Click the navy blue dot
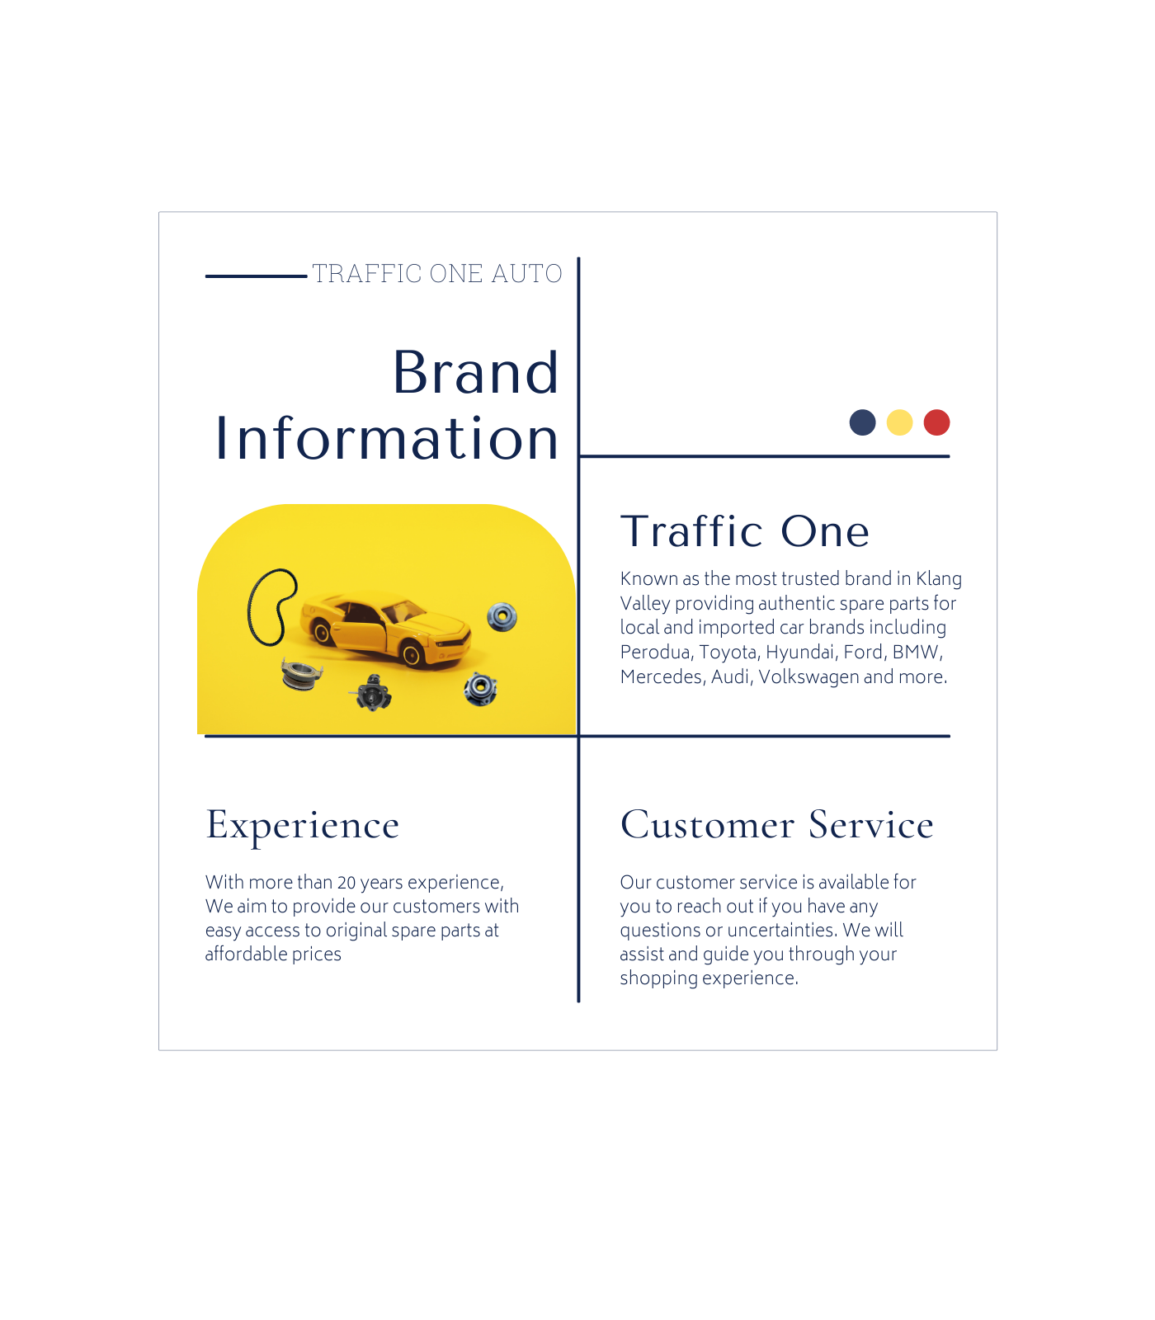(862, 422)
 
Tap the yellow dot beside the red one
(899, 422)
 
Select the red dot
(936, 422)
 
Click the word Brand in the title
(476, 373)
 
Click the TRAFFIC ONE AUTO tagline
(437, 274)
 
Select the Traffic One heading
(745, 531)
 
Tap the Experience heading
(303, 826)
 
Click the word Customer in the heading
(708, 825)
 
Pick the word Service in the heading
(871, 825)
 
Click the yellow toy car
(385, 629)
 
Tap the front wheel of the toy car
(412, 655)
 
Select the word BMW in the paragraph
(917, 653)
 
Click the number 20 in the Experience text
(346, 883)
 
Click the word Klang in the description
(939, 579)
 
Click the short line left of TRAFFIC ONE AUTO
(256, 276)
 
